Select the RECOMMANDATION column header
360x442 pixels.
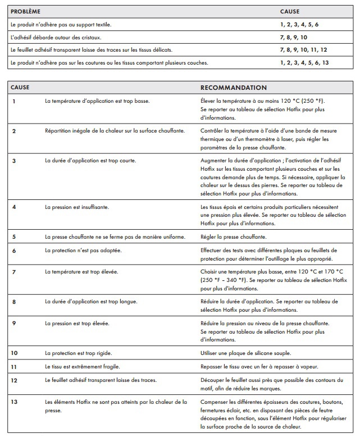pos(234,88)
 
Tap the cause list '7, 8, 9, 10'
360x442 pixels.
pos(294,37)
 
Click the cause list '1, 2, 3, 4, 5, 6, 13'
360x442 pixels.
pos(304,62)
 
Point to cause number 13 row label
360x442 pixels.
pos(15,402)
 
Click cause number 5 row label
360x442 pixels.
pos(13,236)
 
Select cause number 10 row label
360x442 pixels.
pos(15,353)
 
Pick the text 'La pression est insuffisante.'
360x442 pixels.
pos(77,207)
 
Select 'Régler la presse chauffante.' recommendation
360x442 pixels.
pos(234,236)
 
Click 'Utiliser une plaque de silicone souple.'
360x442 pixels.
pos(245,353)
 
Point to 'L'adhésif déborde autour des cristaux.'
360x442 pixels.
pos(56,37)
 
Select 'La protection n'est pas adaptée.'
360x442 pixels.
pos(83,250)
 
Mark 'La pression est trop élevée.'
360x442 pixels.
pos(77,323)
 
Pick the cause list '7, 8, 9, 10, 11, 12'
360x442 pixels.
pos(303,50)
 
